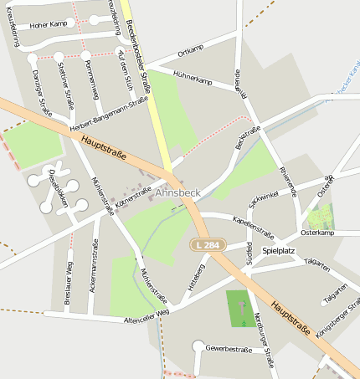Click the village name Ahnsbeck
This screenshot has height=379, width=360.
(x=178, y=192)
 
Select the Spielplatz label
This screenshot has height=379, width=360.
(x=279, y=250)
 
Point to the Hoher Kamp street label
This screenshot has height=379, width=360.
(x=47, y=24)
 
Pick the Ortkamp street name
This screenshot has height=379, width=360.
(x=191, y=51)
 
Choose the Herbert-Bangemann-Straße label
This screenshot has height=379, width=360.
(x=110, y=114)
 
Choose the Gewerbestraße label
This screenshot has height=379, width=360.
(x=229, y=347)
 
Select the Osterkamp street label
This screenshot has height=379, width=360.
(x=317, y=233)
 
